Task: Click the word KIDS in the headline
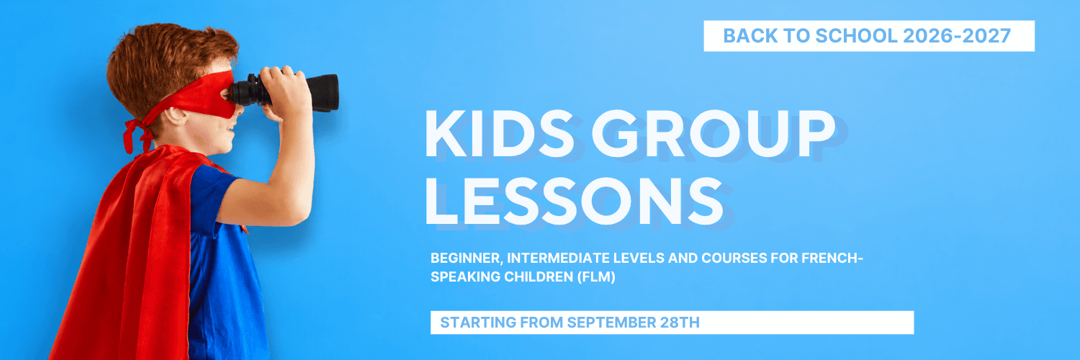point(499,133)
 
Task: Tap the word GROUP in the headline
point(714,133)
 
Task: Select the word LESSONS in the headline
point(574,202)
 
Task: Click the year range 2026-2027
point(957,36)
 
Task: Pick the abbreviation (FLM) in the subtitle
point(596,277)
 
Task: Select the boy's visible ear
point(175,116)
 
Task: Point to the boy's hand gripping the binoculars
point(284,91)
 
